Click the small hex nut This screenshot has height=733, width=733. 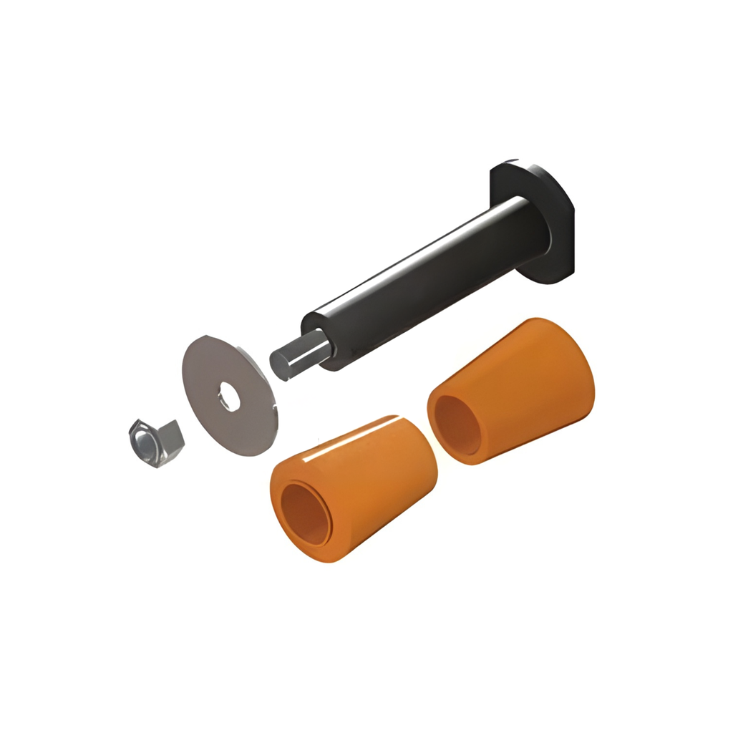click(155, 443)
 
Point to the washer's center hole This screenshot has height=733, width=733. click(229, 395)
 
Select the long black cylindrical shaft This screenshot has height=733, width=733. click(422, 272)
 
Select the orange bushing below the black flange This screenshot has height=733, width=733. click(512, 390)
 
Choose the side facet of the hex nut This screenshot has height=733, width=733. click(170, 438)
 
